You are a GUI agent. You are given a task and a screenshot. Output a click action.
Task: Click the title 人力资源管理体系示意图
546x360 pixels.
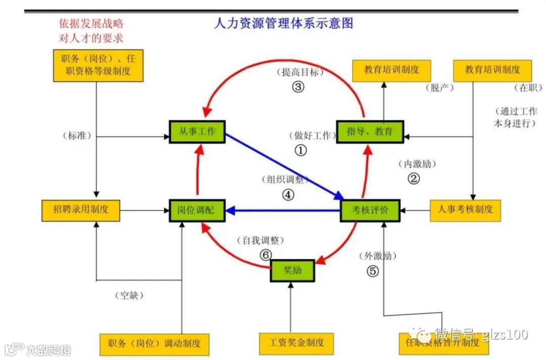coord(284,23)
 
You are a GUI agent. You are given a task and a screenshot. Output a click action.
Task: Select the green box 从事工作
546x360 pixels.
coord(197,131)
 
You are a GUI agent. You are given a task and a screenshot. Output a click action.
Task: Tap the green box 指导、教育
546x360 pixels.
coord(370,131)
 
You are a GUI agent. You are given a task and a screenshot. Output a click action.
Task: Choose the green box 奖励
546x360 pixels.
coord(292,270)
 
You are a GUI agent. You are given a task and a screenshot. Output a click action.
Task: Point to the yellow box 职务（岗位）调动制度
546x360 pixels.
coord(154,343)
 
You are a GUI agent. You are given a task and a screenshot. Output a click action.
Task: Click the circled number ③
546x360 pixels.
coord(298,86)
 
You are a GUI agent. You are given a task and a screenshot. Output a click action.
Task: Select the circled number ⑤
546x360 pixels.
coord(372,271)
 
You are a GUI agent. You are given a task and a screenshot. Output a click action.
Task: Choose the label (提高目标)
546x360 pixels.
coord(300,72)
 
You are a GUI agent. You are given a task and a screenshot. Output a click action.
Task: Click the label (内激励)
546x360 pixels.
coord(417,164)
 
